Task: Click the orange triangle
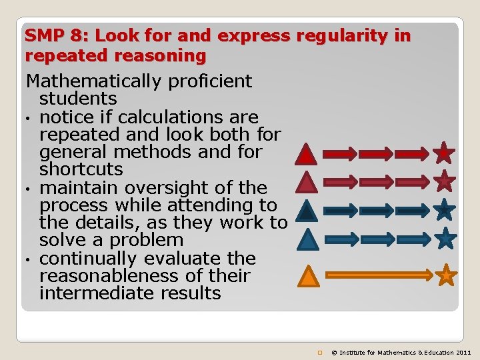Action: pyautogui.click(x=307, y=276)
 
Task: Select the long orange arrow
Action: pyautogui.click(x=379, y=274)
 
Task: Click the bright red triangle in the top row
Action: pyautogui.click(x=306, y=155)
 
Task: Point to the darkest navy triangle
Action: pyautogui.click(x=307, y=211)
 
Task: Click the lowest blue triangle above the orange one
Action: pyautogui.click(x=307, y=239)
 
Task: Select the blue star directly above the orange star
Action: pyautogui.click(x=446, y=237)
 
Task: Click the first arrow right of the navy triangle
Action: pyautogui.click(x=340, y=210)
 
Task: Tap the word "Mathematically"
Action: pyautogui.click(x=96, y=82)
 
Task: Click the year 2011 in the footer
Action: pyautogui.click(x=463, y=352)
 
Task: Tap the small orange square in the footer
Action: pyautogui.click(x=321, y=352)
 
